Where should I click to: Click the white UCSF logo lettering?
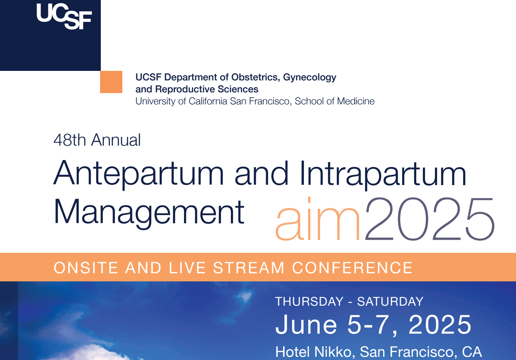tap(64, 17)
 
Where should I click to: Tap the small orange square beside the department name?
tap(111, 82)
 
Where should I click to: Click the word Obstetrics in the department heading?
tap(256, 77)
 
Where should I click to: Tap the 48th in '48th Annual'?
tap(69, 140)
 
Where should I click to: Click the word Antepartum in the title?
tap(139, 174)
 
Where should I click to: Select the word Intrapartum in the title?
tap(383, 174)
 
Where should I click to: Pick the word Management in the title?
tap(149, 213)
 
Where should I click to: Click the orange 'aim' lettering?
tap(318, 219)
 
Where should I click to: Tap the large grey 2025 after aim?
tap(429, 219)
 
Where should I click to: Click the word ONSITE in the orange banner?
tap(86, 268)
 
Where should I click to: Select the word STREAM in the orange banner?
tap(249, 268)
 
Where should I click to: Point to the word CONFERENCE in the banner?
tap(352, 268)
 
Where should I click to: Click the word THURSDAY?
tap(309, 301)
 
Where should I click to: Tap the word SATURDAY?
tap(390, 301)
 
